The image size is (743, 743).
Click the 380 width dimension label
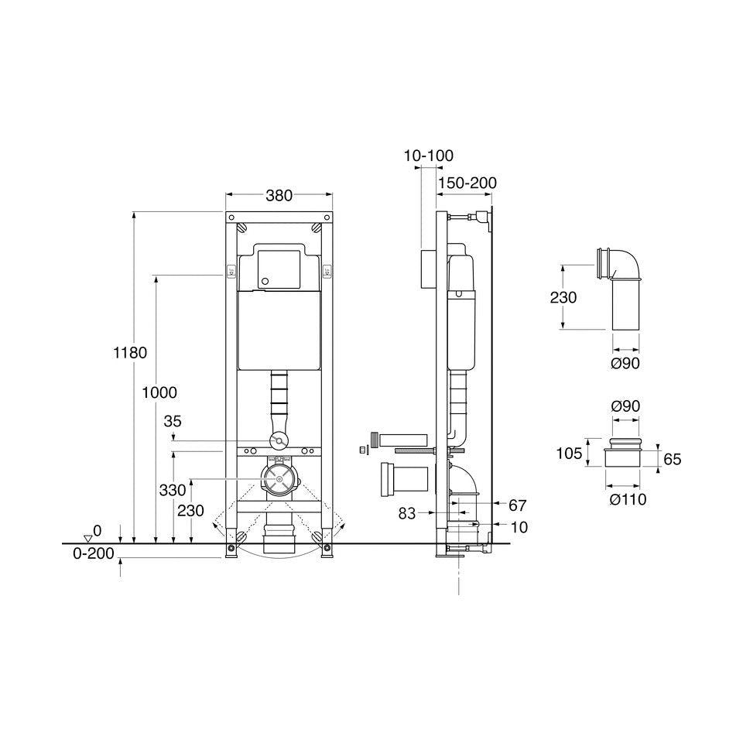[x=279, y=195]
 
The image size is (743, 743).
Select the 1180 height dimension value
[x=130, y=353]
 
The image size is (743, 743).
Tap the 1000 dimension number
[x=159, y=392]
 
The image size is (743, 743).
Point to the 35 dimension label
[x=173, y=421]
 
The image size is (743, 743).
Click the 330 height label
[x=173, y=490]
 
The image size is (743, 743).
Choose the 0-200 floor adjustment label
[x=94, y=553]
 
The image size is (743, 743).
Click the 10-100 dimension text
[x=428, y=156]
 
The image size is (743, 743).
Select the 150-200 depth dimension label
[x=467, y=183]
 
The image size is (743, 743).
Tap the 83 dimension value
[x=406, y=513]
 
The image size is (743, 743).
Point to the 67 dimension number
[x=518, y=505]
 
